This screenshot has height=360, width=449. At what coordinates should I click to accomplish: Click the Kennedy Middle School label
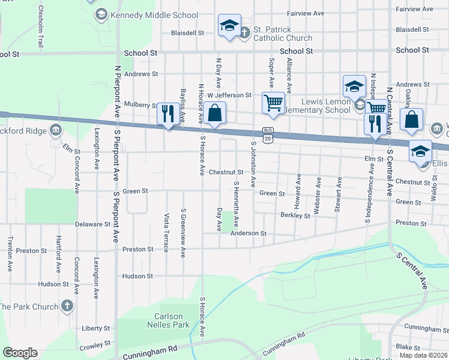(154, 15)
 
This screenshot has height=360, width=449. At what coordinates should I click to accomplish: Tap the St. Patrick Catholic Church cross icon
(245, 33)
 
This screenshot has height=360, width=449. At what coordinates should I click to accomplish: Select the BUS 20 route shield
(268, 135)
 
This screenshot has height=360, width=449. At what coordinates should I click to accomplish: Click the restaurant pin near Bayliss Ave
(167, 113)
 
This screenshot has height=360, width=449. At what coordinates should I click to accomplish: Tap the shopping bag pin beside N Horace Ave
(214, 113)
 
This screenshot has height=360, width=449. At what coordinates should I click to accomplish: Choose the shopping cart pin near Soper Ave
(273, 103)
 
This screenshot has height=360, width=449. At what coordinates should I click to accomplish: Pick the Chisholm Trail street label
(41, 27)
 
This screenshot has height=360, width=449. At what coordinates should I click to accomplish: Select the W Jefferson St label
(229, 95)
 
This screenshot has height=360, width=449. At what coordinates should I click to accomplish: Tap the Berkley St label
(295, 215)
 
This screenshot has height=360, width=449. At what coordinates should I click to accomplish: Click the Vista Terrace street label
(166, 232)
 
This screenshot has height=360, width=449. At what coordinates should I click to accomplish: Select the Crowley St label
(92, 346)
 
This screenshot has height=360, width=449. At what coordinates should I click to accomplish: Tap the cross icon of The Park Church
(67, 306)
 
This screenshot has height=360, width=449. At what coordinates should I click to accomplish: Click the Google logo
(20, 353)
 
